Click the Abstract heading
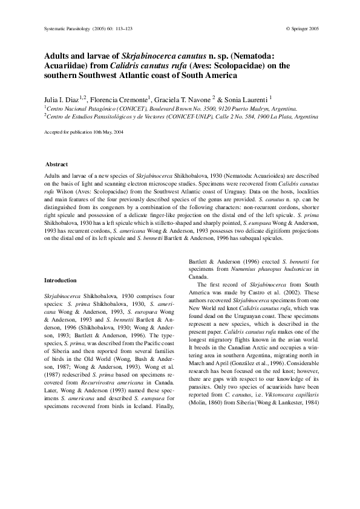coord(57,165)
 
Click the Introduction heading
coord(61,280)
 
